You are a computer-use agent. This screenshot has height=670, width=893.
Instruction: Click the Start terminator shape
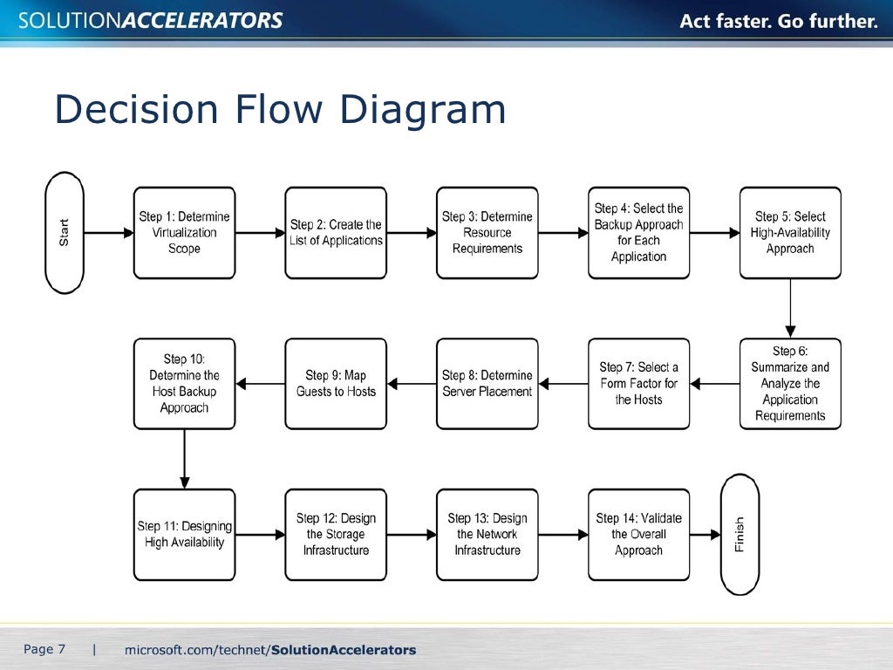(x=65, y=233)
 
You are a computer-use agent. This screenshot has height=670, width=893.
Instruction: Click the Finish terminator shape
(x=740, y=534)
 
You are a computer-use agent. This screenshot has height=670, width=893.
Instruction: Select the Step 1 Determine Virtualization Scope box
(x=184, y=233)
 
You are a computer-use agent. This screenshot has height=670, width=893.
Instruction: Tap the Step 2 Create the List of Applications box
(x=336, y=233)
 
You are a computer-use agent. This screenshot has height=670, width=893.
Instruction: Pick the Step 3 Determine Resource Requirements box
(x=487, y=233)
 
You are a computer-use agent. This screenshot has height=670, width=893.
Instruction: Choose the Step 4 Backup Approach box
(x=638, y=233)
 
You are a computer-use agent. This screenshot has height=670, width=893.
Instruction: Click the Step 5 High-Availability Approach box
(x=790, y=233)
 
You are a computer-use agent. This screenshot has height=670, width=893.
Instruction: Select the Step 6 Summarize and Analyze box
(x=790, y=384)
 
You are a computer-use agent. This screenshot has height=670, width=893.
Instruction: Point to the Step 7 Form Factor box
(x=638, y=384)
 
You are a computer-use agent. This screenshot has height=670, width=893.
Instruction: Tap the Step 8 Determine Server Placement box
(x=487, y=384)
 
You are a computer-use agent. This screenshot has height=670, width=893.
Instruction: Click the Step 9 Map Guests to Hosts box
(x=336, y=384)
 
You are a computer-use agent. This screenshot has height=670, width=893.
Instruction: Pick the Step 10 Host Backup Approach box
(x=184, y=384)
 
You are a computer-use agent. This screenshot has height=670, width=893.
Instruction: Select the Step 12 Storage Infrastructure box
(x=336, y=535)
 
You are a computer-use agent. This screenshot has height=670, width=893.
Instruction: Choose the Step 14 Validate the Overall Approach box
(x=638, y=535)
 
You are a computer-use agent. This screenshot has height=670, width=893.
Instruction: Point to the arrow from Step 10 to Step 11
(x=184, y=459)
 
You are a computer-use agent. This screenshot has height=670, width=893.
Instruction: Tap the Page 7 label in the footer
(x=44, y=649)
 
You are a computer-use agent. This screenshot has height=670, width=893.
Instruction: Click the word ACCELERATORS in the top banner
(x=201, y=21)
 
